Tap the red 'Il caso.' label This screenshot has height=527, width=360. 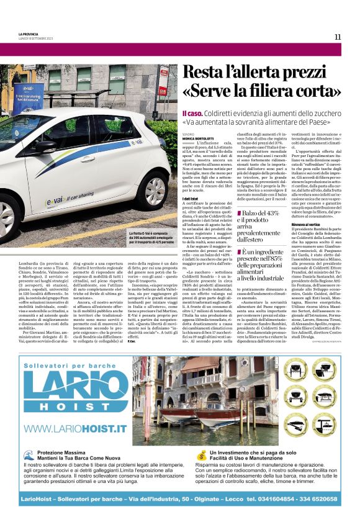click(x=192, y=114)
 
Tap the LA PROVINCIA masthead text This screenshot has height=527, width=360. click(x=28, y=34)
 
